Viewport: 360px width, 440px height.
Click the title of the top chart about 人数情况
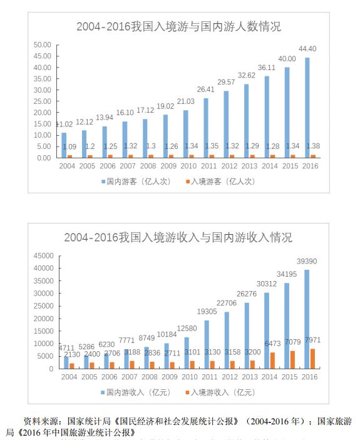pyautogui.click(x=178, y=27)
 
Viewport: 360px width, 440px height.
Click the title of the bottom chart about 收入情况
pyautogui.click(x=178, y=238)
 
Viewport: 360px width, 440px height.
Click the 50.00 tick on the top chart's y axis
pyautogui.click(x=43, y=44)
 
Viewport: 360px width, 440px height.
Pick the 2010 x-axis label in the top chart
pyautogui.click(x=188, y=166)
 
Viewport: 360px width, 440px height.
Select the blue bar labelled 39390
pyautogui.click(x=307, y=319)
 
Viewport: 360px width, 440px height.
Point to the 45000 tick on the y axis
pyautogui.click(x=41, y=255)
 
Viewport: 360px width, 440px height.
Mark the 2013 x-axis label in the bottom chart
pyautogui.click(x=249, y=377)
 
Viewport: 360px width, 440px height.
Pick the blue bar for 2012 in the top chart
pyautogui.click(x=227, y=124)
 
